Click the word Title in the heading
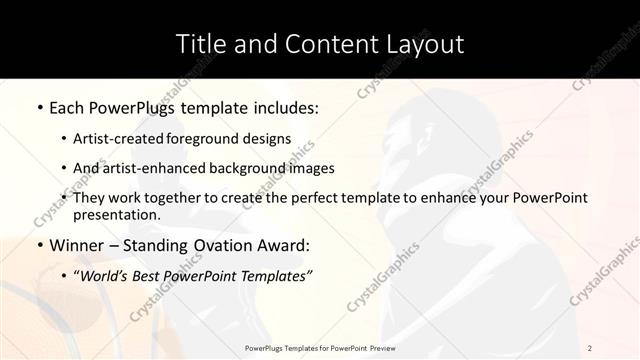point(200,44)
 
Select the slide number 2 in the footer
point(590,347)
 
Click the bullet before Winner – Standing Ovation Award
point(39,245)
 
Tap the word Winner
point(78,245)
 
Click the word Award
point(284,245)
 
